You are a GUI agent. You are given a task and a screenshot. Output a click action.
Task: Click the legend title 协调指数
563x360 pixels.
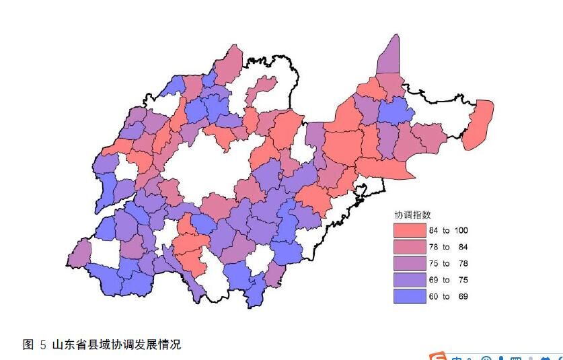coord(412,215)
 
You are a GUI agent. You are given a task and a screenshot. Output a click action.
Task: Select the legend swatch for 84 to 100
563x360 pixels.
coord(410,230)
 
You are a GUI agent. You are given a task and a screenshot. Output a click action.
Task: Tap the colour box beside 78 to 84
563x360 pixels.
coord(410,247)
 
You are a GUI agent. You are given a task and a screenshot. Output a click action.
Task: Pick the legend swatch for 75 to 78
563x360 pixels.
coord(410,263)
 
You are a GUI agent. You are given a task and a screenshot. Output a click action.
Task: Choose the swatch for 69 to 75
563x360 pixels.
coord(410,280)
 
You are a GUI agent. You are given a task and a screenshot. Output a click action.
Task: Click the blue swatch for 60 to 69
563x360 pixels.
coord(410,296)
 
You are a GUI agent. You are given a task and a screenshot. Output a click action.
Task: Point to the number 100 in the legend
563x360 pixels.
coord(461,231)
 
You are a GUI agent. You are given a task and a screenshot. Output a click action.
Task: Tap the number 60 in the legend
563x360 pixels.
coord(435,297)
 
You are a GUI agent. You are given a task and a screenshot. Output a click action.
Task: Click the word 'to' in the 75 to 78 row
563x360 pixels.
coord(447,264)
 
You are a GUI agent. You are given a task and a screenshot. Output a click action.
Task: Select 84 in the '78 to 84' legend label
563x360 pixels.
coord(463,247)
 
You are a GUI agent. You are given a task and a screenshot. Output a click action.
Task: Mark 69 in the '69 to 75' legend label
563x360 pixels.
coord(435,280)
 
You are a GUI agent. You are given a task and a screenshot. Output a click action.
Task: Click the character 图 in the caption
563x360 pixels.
coord(28,345)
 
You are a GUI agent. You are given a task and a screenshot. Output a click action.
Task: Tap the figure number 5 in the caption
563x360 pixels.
coord(43,345)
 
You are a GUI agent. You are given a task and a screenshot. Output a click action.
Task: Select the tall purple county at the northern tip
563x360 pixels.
coord(389,57)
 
